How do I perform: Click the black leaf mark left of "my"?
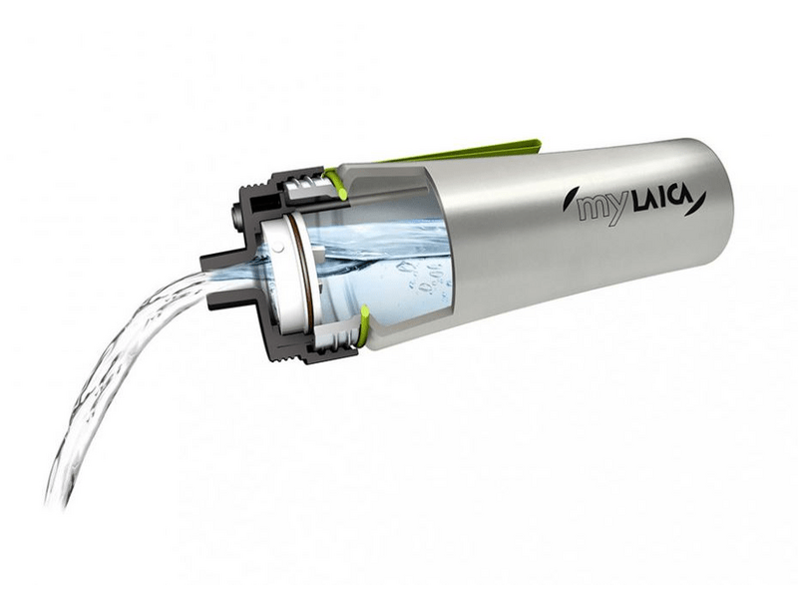[567, 200]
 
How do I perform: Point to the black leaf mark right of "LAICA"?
[698, 203]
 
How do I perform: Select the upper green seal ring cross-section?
[337, 184]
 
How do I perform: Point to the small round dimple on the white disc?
[278, 248]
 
